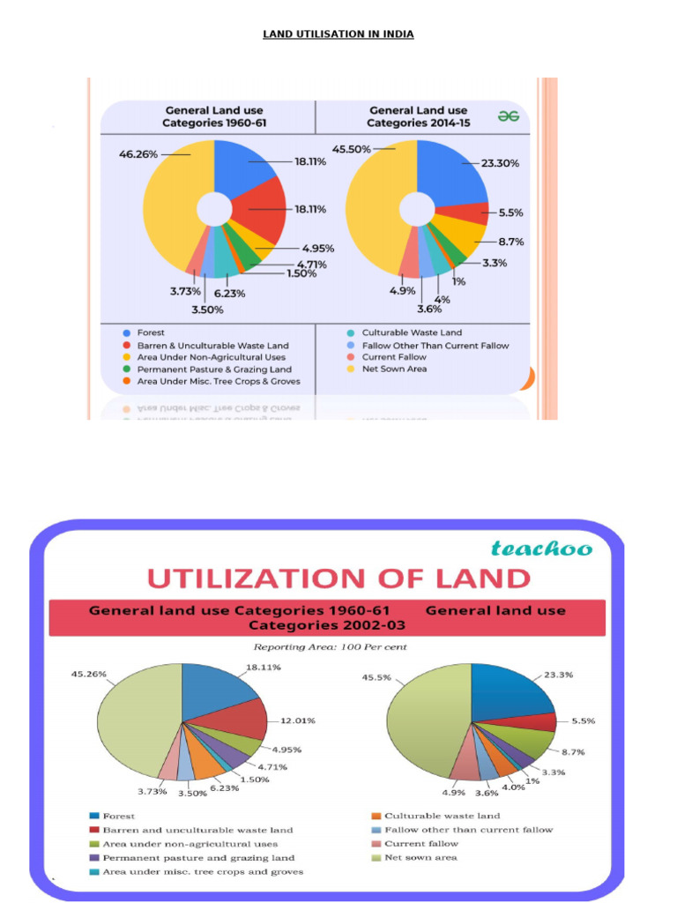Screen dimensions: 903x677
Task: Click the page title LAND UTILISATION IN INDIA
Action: click(338, 34)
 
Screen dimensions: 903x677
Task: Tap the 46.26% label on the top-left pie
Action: click(138, 153)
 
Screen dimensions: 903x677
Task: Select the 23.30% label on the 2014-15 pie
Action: click(500, 163)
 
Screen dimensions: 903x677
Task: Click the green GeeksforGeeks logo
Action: click(509, 116)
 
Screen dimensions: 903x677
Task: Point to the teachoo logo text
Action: click(542, 549)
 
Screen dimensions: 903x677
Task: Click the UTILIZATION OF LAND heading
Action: click(338, 578)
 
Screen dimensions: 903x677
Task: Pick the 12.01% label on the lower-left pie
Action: click(297, 720)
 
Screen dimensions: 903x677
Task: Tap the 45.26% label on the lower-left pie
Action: click(89, 674)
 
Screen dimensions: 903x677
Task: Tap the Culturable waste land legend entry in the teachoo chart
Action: click(442, 816)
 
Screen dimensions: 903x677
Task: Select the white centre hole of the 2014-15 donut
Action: click(417, 209)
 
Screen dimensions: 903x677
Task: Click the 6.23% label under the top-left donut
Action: click(227, 294)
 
